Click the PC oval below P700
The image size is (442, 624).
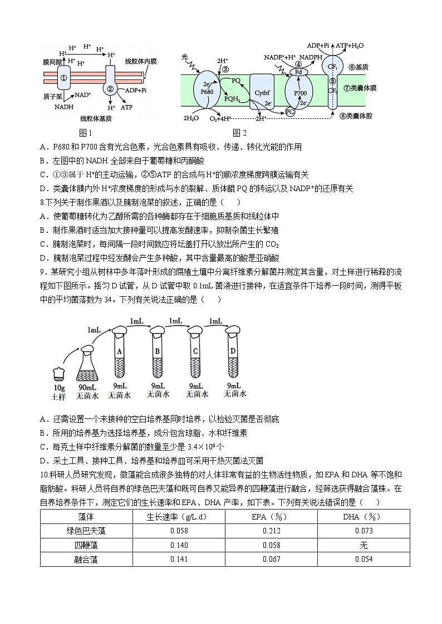point(289,111)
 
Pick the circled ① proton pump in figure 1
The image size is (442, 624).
point(63,78)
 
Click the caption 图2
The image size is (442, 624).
point(240,133)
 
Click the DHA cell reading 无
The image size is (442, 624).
point(364,545)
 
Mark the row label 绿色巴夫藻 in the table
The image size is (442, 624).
point(86,531)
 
